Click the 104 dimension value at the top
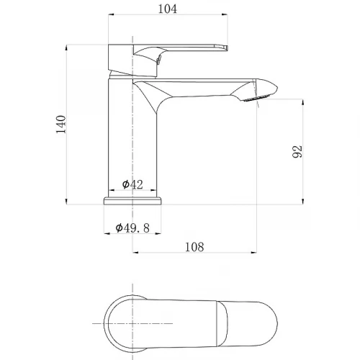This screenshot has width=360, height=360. [x=167, y=9]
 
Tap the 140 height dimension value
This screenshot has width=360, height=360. [x=61, y=125]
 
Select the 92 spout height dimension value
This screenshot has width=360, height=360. [x=297, y=151]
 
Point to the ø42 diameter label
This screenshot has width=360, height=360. [x=132, y=184]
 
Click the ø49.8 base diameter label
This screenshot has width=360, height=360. [x=132, y=228]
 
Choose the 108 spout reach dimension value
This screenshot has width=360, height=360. [x=194, y=247]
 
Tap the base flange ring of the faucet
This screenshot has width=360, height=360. [x=132, y=201]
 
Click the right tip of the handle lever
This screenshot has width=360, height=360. [x=226, y=48]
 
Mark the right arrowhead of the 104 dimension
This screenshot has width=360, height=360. [x=225, y=14]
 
